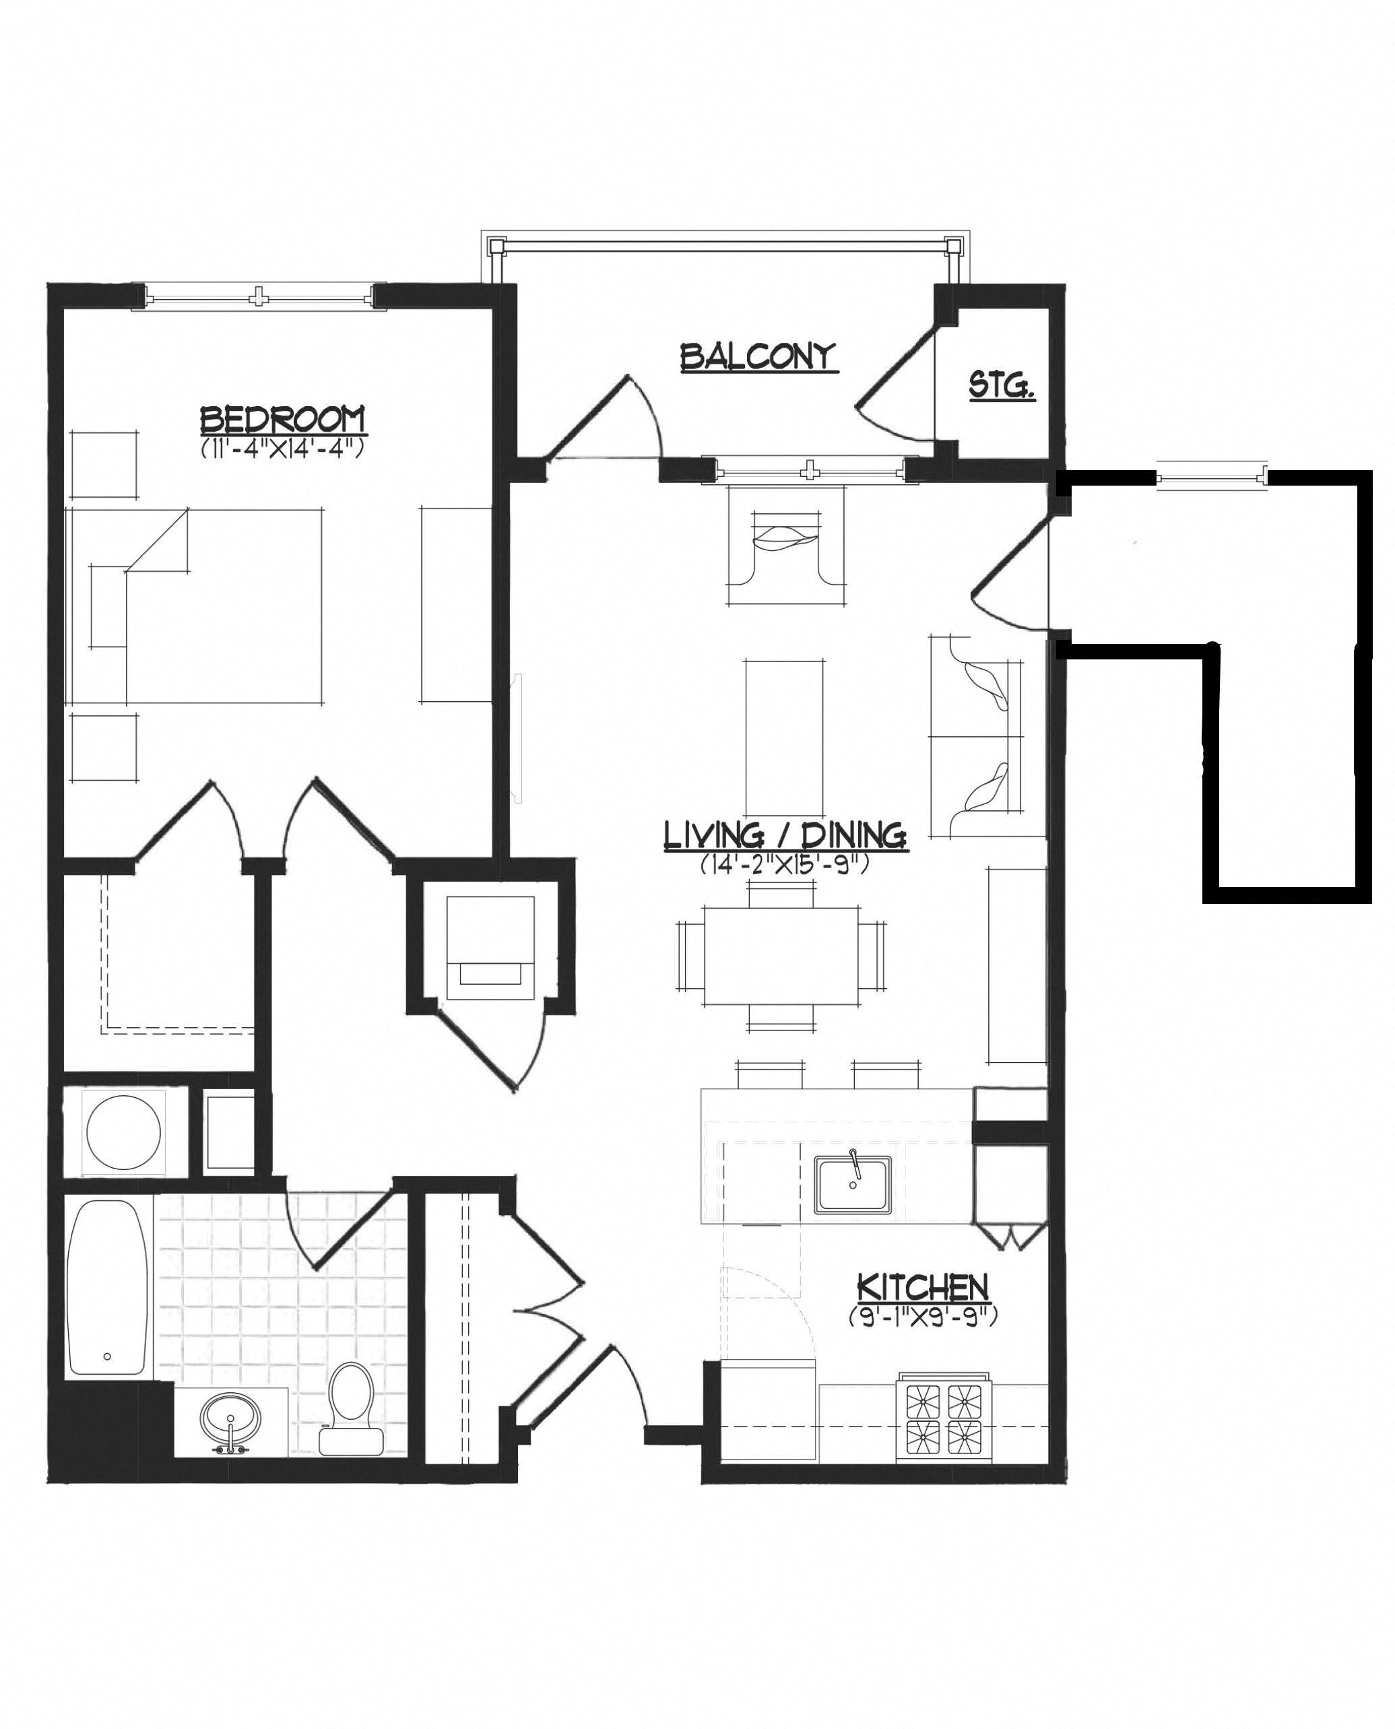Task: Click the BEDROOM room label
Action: point(282,420)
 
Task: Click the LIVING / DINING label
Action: point(785,837)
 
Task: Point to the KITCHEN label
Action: point(923,1288)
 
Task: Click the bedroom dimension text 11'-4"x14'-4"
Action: point(282,447)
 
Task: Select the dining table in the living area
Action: point(782,956)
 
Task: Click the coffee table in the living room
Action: point(783,738)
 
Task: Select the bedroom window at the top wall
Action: point(259,296)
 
